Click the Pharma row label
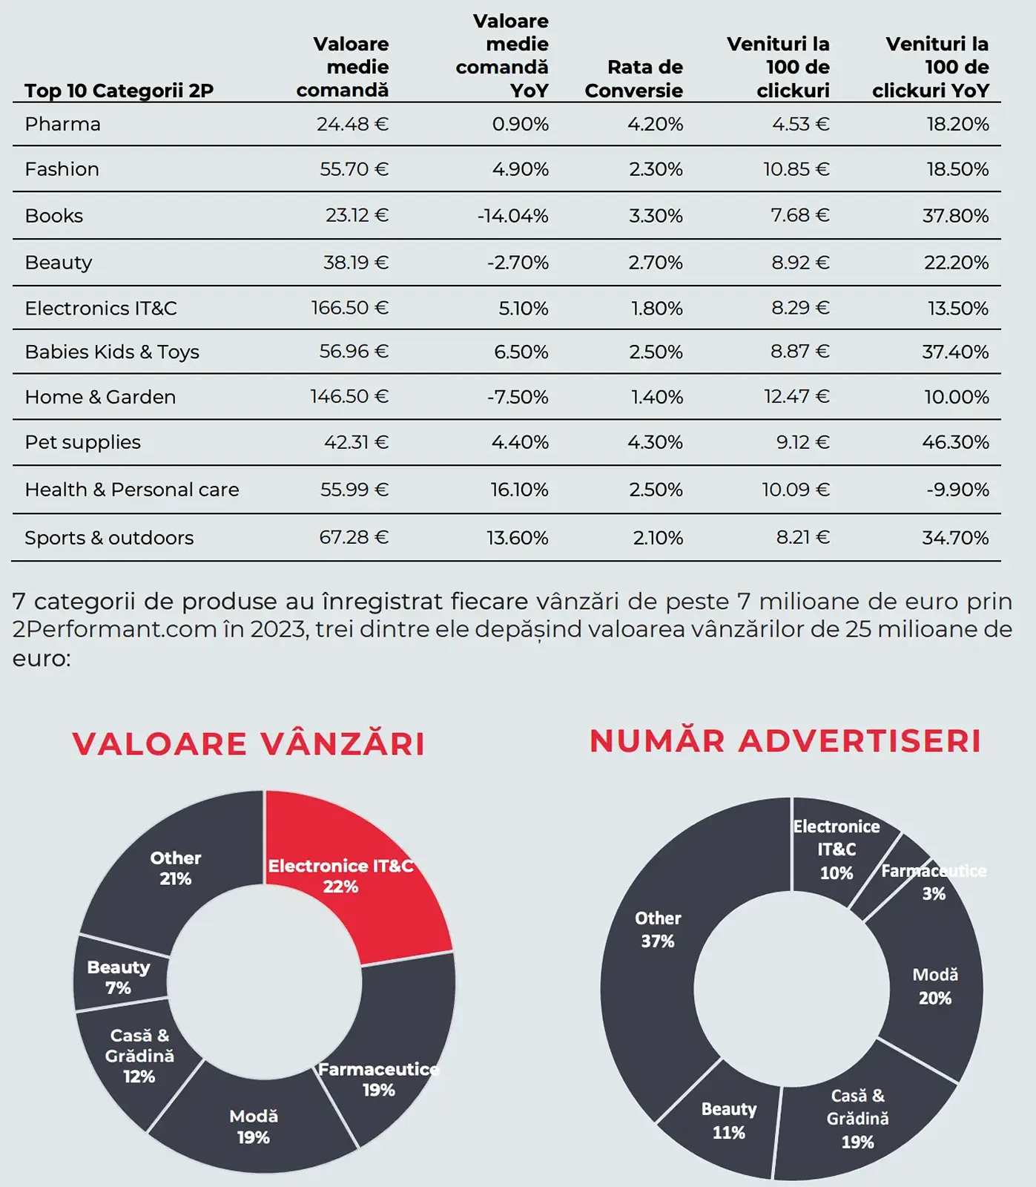62,124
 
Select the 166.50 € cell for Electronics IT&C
349,308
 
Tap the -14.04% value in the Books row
512,216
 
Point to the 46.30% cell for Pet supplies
955,442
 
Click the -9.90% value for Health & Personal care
957,490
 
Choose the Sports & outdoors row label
109,538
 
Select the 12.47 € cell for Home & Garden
796,397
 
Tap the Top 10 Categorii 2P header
119,91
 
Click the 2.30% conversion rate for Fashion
656,169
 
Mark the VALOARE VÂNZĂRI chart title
248,743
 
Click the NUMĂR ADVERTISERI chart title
785,741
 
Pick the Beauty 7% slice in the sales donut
119,977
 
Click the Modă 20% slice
935,987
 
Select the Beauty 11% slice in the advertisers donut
723,1120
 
